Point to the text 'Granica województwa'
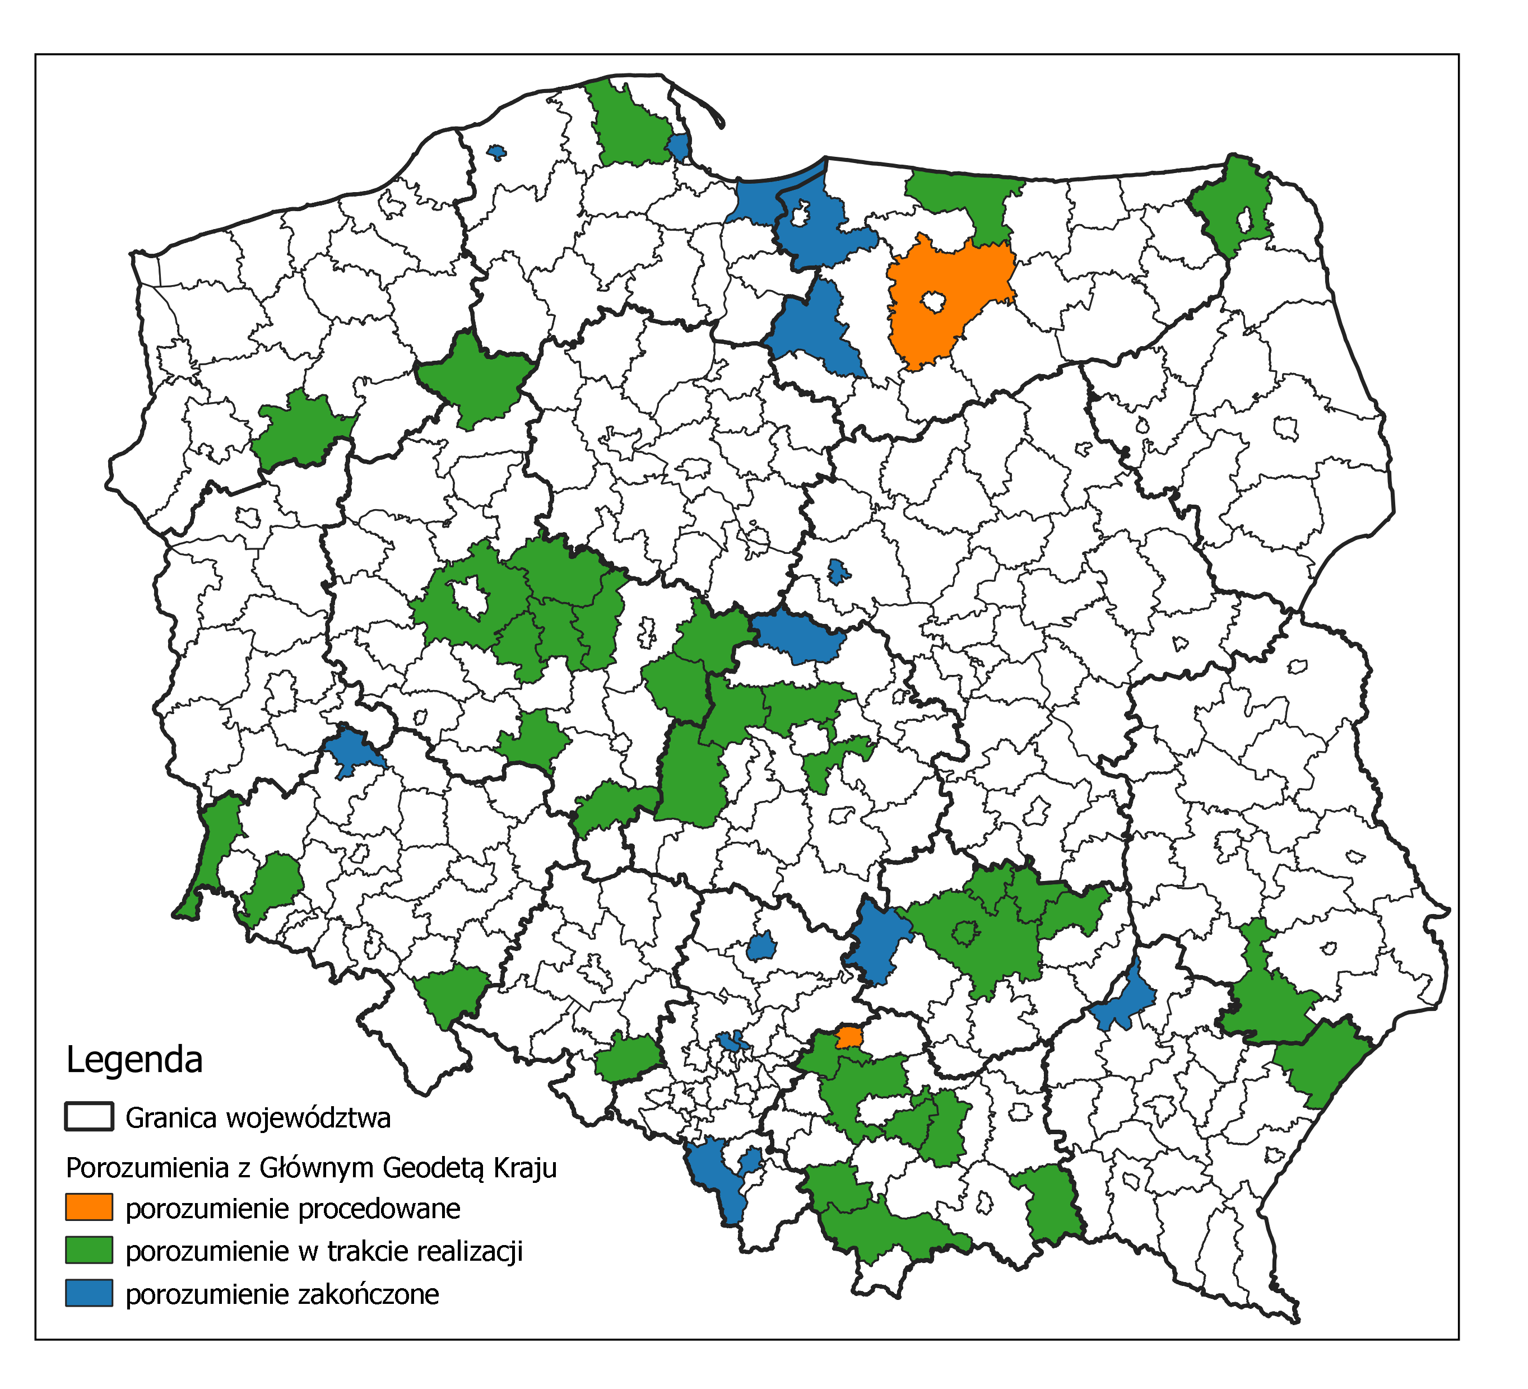click(258, 1118)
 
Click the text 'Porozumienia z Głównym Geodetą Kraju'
click(311, 1168)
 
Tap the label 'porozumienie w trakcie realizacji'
click(324, 1251)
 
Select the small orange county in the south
click(849, 1037)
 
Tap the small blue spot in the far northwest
click(496, 152)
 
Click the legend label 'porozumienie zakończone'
click(282, 1294)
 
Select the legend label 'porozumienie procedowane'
click(292, 1209)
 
